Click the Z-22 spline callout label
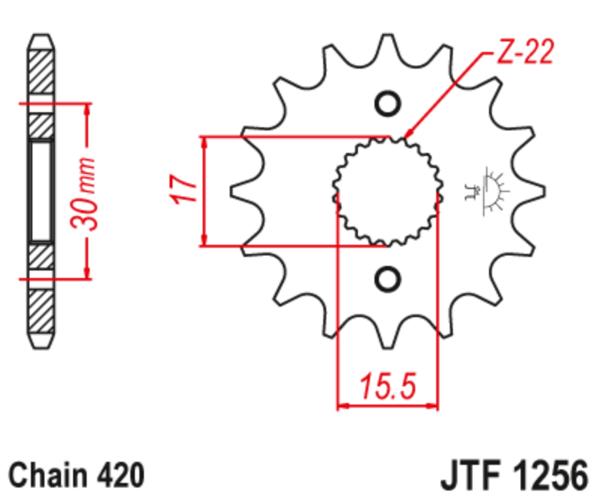525,51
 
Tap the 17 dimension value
183,189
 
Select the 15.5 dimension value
388,386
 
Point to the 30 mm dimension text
84,193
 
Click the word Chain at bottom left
48,475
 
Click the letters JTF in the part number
470,475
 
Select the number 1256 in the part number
550,475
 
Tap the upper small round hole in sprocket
388,104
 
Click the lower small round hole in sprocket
388,280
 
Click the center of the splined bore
388,191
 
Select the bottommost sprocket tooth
387,335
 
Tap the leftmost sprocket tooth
243,191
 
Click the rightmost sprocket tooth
531,191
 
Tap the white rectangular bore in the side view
41,191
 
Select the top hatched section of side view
41,72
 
